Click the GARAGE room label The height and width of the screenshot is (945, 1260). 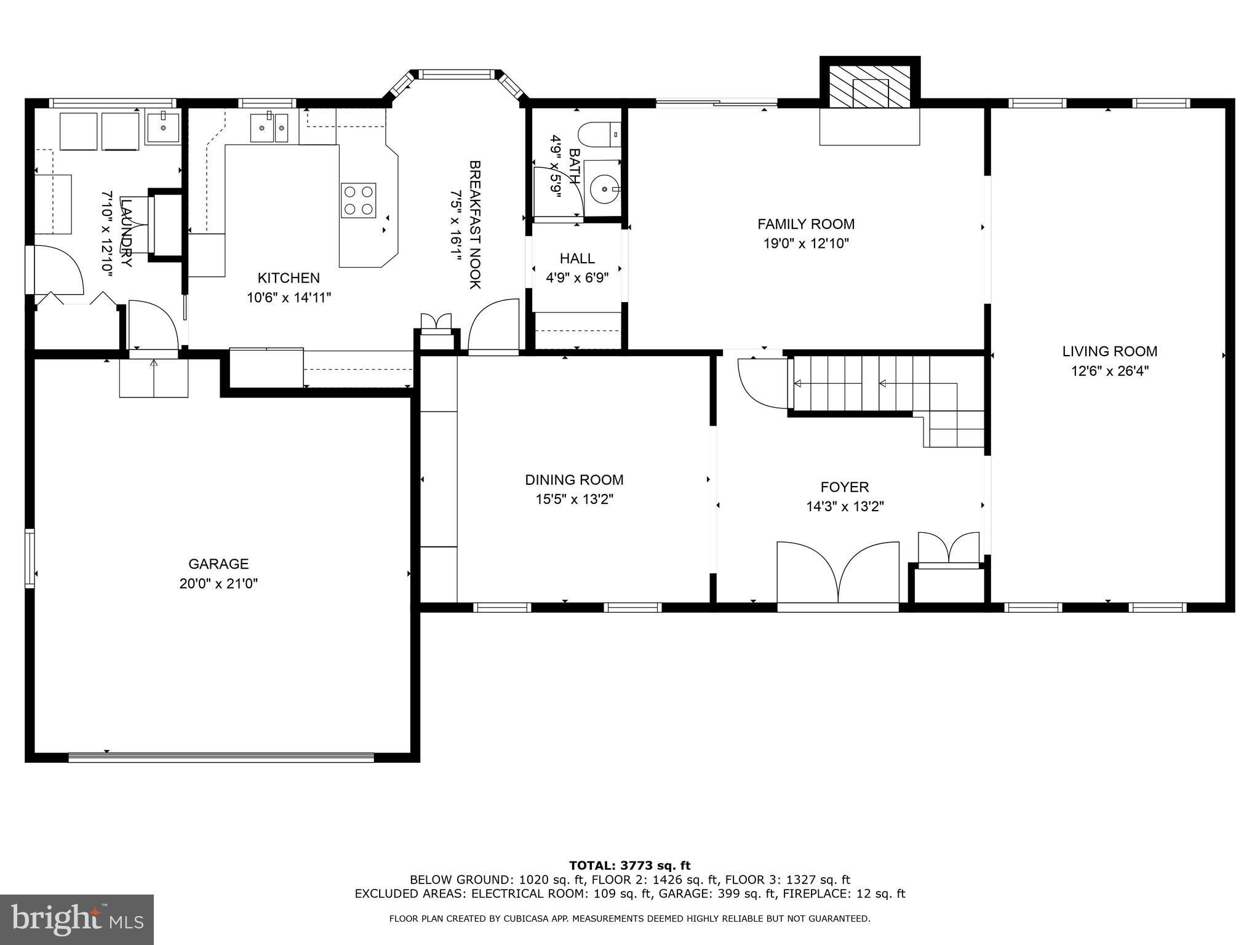(218, 564)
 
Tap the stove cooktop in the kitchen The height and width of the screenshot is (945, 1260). (359, 200)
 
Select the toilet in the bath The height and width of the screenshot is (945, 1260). (600, 135)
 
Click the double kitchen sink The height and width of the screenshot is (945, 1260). (269, 128)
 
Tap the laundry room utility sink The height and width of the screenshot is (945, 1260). (162, 129)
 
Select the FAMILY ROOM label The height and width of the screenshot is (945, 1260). (806, 224)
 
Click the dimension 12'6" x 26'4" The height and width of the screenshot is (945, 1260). (1109, 371)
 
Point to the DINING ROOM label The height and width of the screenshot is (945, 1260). (574, 480)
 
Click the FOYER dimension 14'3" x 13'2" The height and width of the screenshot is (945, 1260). (845, 507)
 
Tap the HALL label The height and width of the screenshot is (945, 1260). (577, 258)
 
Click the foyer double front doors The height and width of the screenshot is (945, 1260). (838, 575)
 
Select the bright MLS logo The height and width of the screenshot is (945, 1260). (77, 920)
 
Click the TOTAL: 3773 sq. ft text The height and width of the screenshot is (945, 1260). (630, 866)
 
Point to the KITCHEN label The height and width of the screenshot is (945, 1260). (289, 278)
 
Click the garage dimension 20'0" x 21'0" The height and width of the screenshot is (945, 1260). (218, 583)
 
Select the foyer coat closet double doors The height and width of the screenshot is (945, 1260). (948, 548)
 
